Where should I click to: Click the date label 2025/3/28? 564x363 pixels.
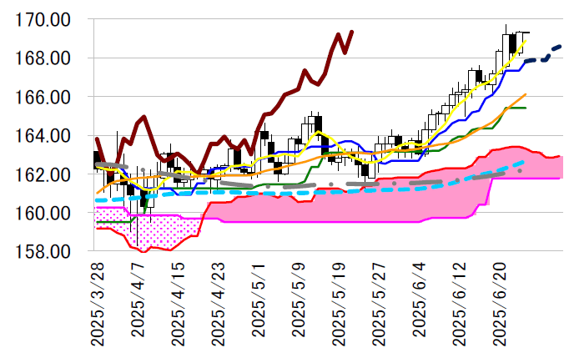pos(97,305)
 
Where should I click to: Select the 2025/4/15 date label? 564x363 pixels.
pos(178,305)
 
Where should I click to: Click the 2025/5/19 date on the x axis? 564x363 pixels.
pos(340,305)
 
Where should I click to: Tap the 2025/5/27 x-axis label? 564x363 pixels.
pos(380,305)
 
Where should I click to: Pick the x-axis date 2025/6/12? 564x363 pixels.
pos(461,305)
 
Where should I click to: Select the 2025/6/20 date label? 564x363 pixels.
pos(502,305)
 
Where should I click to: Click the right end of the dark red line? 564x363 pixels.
pos(352,32)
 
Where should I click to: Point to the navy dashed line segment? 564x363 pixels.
pos(542,56)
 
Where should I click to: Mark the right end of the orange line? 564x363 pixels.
pos(526,95)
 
